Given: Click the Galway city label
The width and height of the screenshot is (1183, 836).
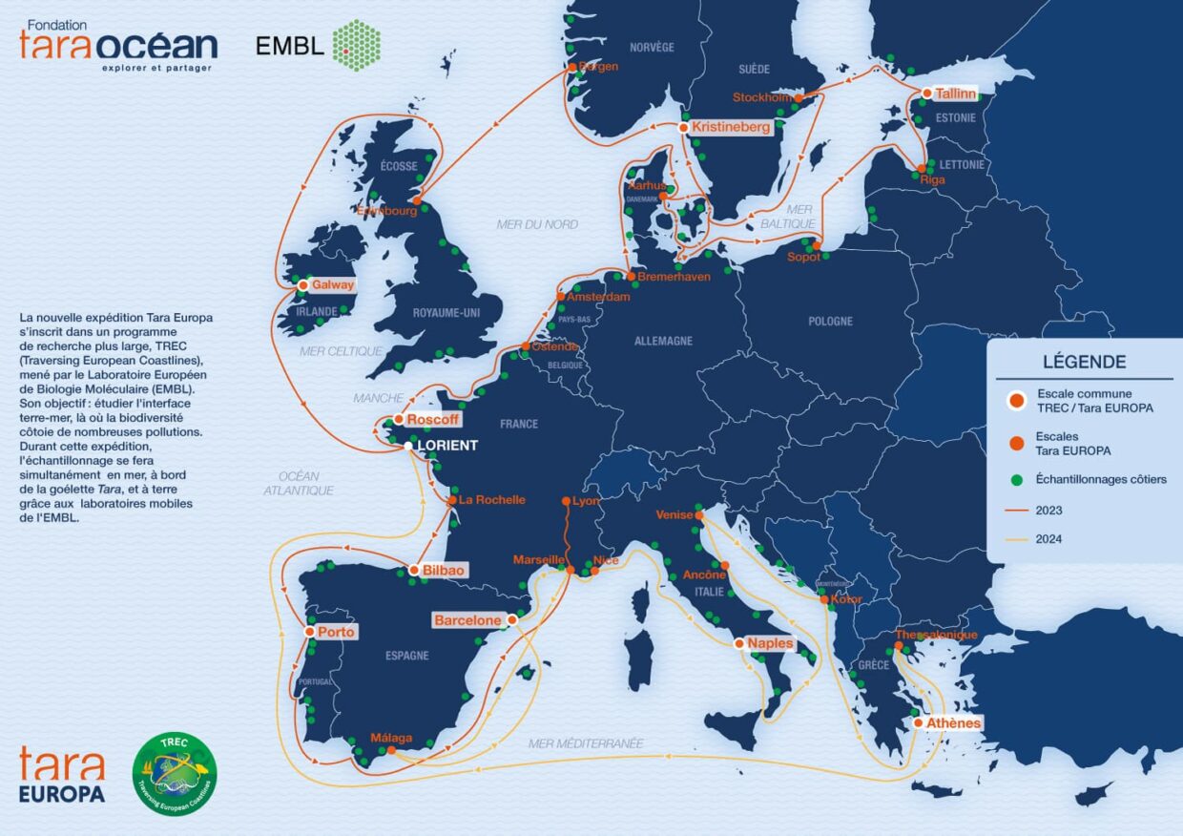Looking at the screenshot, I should click(x=332, y=284).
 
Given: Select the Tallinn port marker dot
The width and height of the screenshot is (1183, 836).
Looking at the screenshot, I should click(x=926, y=94).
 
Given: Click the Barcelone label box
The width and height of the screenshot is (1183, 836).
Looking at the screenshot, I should click(x=467, y=620).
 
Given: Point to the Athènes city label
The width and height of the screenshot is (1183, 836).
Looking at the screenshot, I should click(x=953, y=723).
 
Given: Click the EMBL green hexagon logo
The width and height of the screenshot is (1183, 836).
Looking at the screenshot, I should click(x=356, y=45).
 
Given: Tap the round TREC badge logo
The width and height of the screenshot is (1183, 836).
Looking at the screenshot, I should click(x=174, y=774).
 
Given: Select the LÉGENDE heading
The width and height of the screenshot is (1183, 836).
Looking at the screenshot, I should click(x=1084, y=363).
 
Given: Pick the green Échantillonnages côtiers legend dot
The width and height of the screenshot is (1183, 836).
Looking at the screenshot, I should click(x=1018, y=479).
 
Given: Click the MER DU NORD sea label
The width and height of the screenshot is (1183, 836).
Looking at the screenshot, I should click(x=537, y=224).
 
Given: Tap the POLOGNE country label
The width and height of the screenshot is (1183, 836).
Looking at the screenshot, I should click(x=830, y=322).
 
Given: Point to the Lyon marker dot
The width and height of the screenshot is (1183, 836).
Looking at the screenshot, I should click(x=566, y=501).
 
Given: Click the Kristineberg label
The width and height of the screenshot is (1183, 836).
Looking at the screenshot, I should click(x=731, y=127).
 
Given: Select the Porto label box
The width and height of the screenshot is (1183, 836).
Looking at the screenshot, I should click(x=336, y=632).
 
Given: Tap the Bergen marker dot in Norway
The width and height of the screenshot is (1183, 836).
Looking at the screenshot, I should click(x=572, y=67).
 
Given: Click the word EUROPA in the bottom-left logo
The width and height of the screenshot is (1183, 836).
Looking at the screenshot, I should click(x=62, y=794).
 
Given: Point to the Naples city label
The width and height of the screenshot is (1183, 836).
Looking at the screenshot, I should click(x=770, y=643).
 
